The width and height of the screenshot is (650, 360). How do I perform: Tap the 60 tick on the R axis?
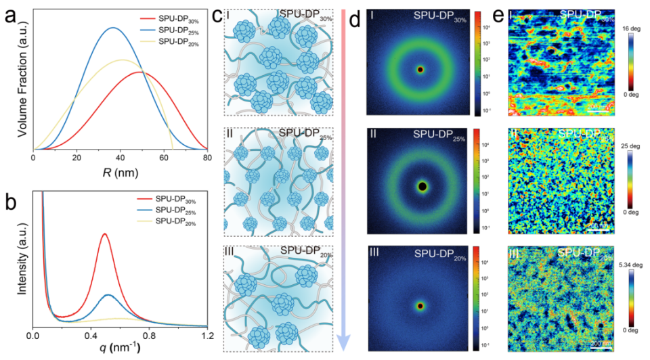pos(164,157)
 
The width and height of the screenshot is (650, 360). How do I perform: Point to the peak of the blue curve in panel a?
pos(113,28)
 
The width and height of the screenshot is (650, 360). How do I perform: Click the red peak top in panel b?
pos(104,234)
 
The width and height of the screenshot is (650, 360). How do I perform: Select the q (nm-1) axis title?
pos(118,350)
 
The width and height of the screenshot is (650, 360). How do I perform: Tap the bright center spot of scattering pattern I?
pos(420,69)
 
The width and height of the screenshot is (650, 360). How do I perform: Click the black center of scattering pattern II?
pos(422,186)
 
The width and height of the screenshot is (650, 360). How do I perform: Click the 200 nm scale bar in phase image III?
pos(600,340)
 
